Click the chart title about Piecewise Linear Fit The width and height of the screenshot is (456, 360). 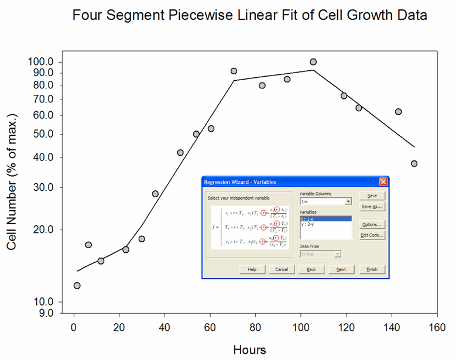click(249, 16)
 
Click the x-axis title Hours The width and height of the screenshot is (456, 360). click(249, 350)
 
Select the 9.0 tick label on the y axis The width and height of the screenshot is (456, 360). click(44, 313)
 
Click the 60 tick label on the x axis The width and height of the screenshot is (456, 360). click(210, 327)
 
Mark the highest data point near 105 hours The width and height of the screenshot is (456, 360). click(313, 61)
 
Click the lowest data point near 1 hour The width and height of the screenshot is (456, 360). click(77, 286)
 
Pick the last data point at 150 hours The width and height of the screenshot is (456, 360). click(414, 163)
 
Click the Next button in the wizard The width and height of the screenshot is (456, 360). click(341, 269)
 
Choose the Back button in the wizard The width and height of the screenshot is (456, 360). click(311, 269)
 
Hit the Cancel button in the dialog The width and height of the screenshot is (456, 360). click(282, 269)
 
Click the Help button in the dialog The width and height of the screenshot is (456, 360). click(252, 269)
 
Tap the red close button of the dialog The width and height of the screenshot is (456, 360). click(383, 182)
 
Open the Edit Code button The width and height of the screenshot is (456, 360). click(372, 235)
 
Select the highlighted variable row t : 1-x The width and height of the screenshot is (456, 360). click(325, 218)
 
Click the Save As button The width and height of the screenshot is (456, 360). click(372, 206)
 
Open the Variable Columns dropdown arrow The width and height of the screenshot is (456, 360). click(348, 201)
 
